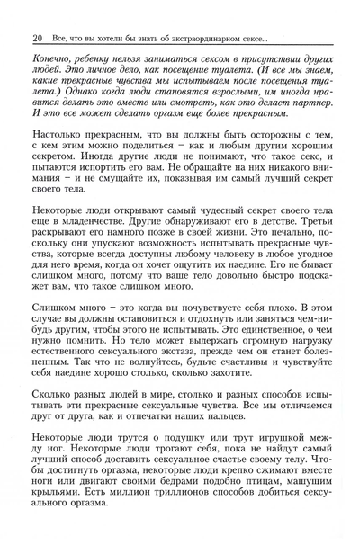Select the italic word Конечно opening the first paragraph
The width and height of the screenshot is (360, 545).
click(x=56, y=58)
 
